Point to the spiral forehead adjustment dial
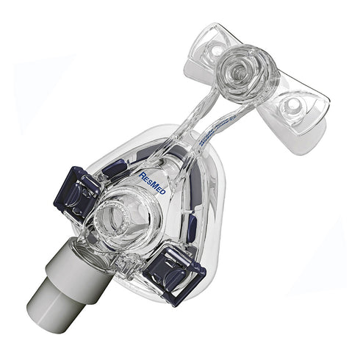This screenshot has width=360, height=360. point(240,71)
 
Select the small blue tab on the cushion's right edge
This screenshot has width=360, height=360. point(192,224)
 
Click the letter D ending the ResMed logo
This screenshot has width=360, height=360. point(164,192)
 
